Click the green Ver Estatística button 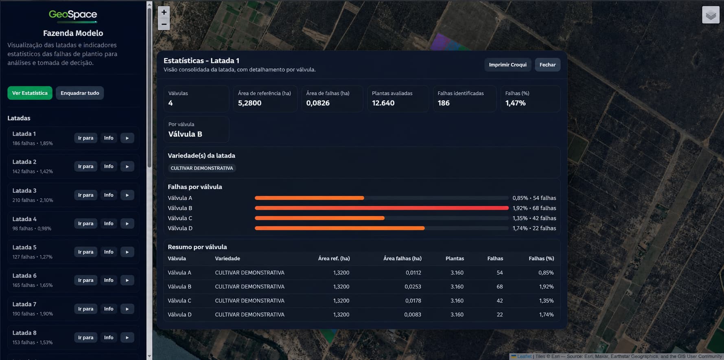coord(30,93)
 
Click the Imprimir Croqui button coord(507,65)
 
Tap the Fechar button coord(547,65)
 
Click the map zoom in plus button coord(164,12)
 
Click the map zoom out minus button coord(164,24)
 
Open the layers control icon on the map coord(711,15)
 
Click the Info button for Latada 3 coord(109,195)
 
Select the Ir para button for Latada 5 coord(85,252)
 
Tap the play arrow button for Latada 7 coord(127,309)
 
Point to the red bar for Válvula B coord(382,208)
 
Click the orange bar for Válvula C coord(319,218)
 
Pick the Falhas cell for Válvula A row coord(499,272)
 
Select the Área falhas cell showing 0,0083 coord(413,314)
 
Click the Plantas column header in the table coord(455,259)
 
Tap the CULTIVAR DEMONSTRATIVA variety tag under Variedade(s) coord(202,168)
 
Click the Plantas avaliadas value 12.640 coord(383,103)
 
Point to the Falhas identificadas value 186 coord(444,103)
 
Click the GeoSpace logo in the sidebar coord(73,15)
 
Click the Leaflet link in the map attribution coord(524,356)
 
